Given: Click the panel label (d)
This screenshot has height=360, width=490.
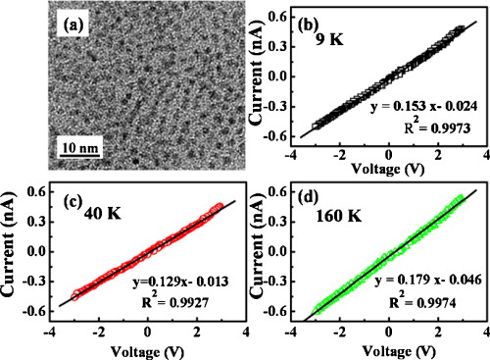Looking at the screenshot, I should pyautogui.click(x=318, y=204).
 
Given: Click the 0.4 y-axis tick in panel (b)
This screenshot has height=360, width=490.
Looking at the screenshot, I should pyautogui.click(x=286, y=17).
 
